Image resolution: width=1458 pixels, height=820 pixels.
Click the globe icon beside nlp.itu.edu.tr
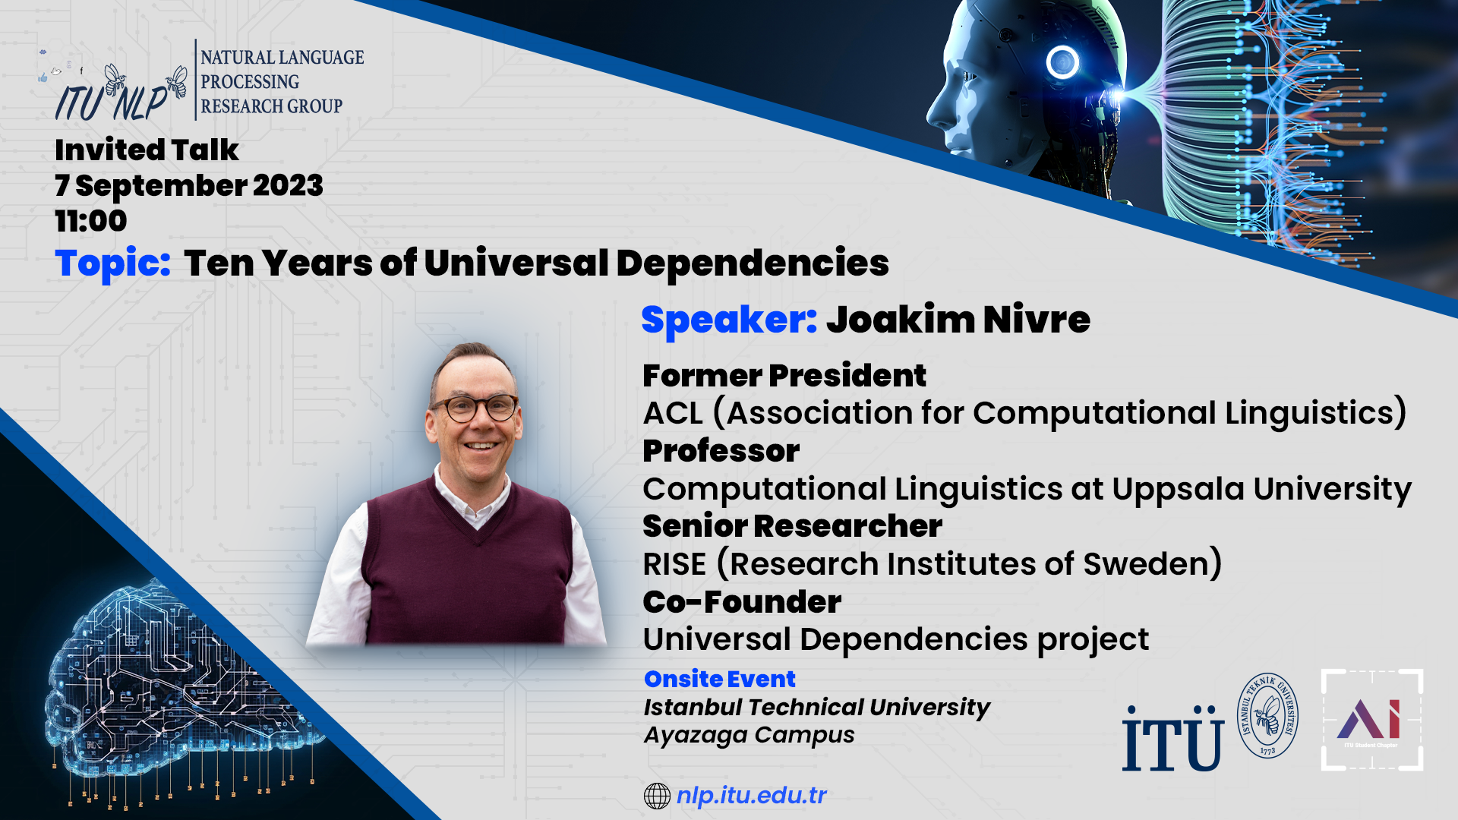pyautogui.click(x=657, y=796)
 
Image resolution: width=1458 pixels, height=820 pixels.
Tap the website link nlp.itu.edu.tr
pyautogui.click(x=751, y=796)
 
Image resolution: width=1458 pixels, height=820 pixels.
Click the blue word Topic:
pyautogui.click(x=113, y=264)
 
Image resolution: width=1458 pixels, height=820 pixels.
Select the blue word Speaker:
pyautogui.click(x=729, y=320)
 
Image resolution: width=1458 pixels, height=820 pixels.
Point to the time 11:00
pyautogui.click(x=91, y=221)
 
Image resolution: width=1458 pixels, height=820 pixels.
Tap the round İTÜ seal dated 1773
pyautogui.click(x=1267, y=715)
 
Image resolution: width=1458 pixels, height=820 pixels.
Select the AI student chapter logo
pyautogui.click(x=1371, y=720)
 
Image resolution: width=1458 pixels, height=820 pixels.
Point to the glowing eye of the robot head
pyautogui.click(x=1062, y=61)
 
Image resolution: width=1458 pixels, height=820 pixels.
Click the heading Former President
pyautogui.click(x=784, y=376)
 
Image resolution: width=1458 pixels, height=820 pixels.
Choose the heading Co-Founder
pyautogui.click(x=742, y=602)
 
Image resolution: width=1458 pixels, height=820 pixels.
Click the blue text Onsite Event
pyautogui.click(x=719, y=679)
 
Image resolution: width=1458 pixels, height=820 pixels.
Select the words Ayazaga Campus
pyautogui.click(x=749, y=735)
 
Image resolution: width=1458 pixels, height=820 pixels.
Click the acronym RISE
pyautogui.click(x=674, y=564)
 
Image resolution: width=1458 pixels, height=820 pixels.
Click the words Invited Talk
pyautogui.click(x=147, y=150)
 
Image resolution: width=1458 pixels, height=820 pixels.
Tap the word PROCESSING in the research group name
pyautogui.click(x=250, y=81)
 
